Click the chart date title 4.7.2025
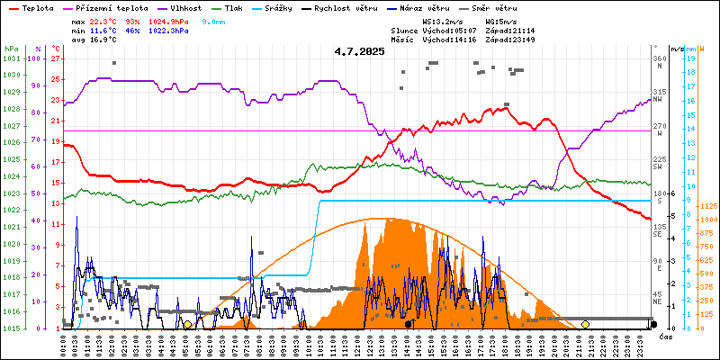pos(359,51)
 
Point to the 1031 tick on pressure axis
pos(11,58)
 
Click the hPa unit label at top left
pos(11,49)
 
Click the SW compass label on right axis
pos(658,167)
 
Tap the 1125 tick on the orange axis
pos(706,206)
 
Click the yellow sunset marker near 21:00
pos(585,324)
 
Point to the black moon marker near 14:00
pos(409,324)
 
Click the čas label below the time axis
pos(666,337)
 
